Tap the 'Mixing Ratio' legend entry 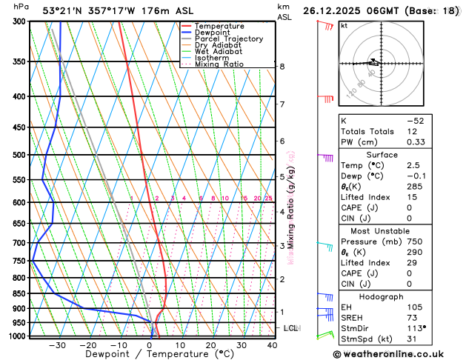[222, 64]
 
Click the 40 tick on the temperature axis [272, 345]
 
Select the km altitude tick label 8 [282, 67]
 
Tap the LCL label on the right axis [290, 327]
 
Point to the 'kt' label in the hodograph [344, 25]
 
